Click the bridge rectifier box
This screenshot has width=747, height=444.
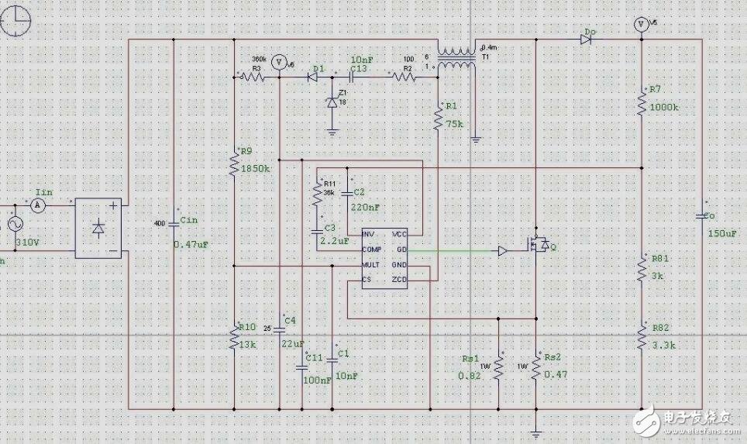point(98,229)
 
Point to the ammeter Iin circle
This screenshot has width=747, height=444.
point(39,205)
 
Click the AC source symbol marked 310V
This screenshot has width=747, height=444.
point(14,224)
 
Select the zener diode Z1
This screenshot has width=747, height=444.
point(332,101)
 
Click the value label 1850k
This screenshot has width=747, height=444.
point(256,168)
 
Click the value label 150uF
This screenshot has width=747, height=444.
point(721,232)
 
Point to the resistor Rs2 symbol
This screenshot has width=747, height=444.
point(535,368)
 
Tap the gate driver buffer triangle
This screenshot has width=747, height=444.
point(504,251)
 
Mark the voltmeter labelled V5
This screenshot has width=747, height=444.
point(641,24)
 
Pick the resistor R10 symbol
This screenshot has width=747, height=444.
point(234,338)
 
